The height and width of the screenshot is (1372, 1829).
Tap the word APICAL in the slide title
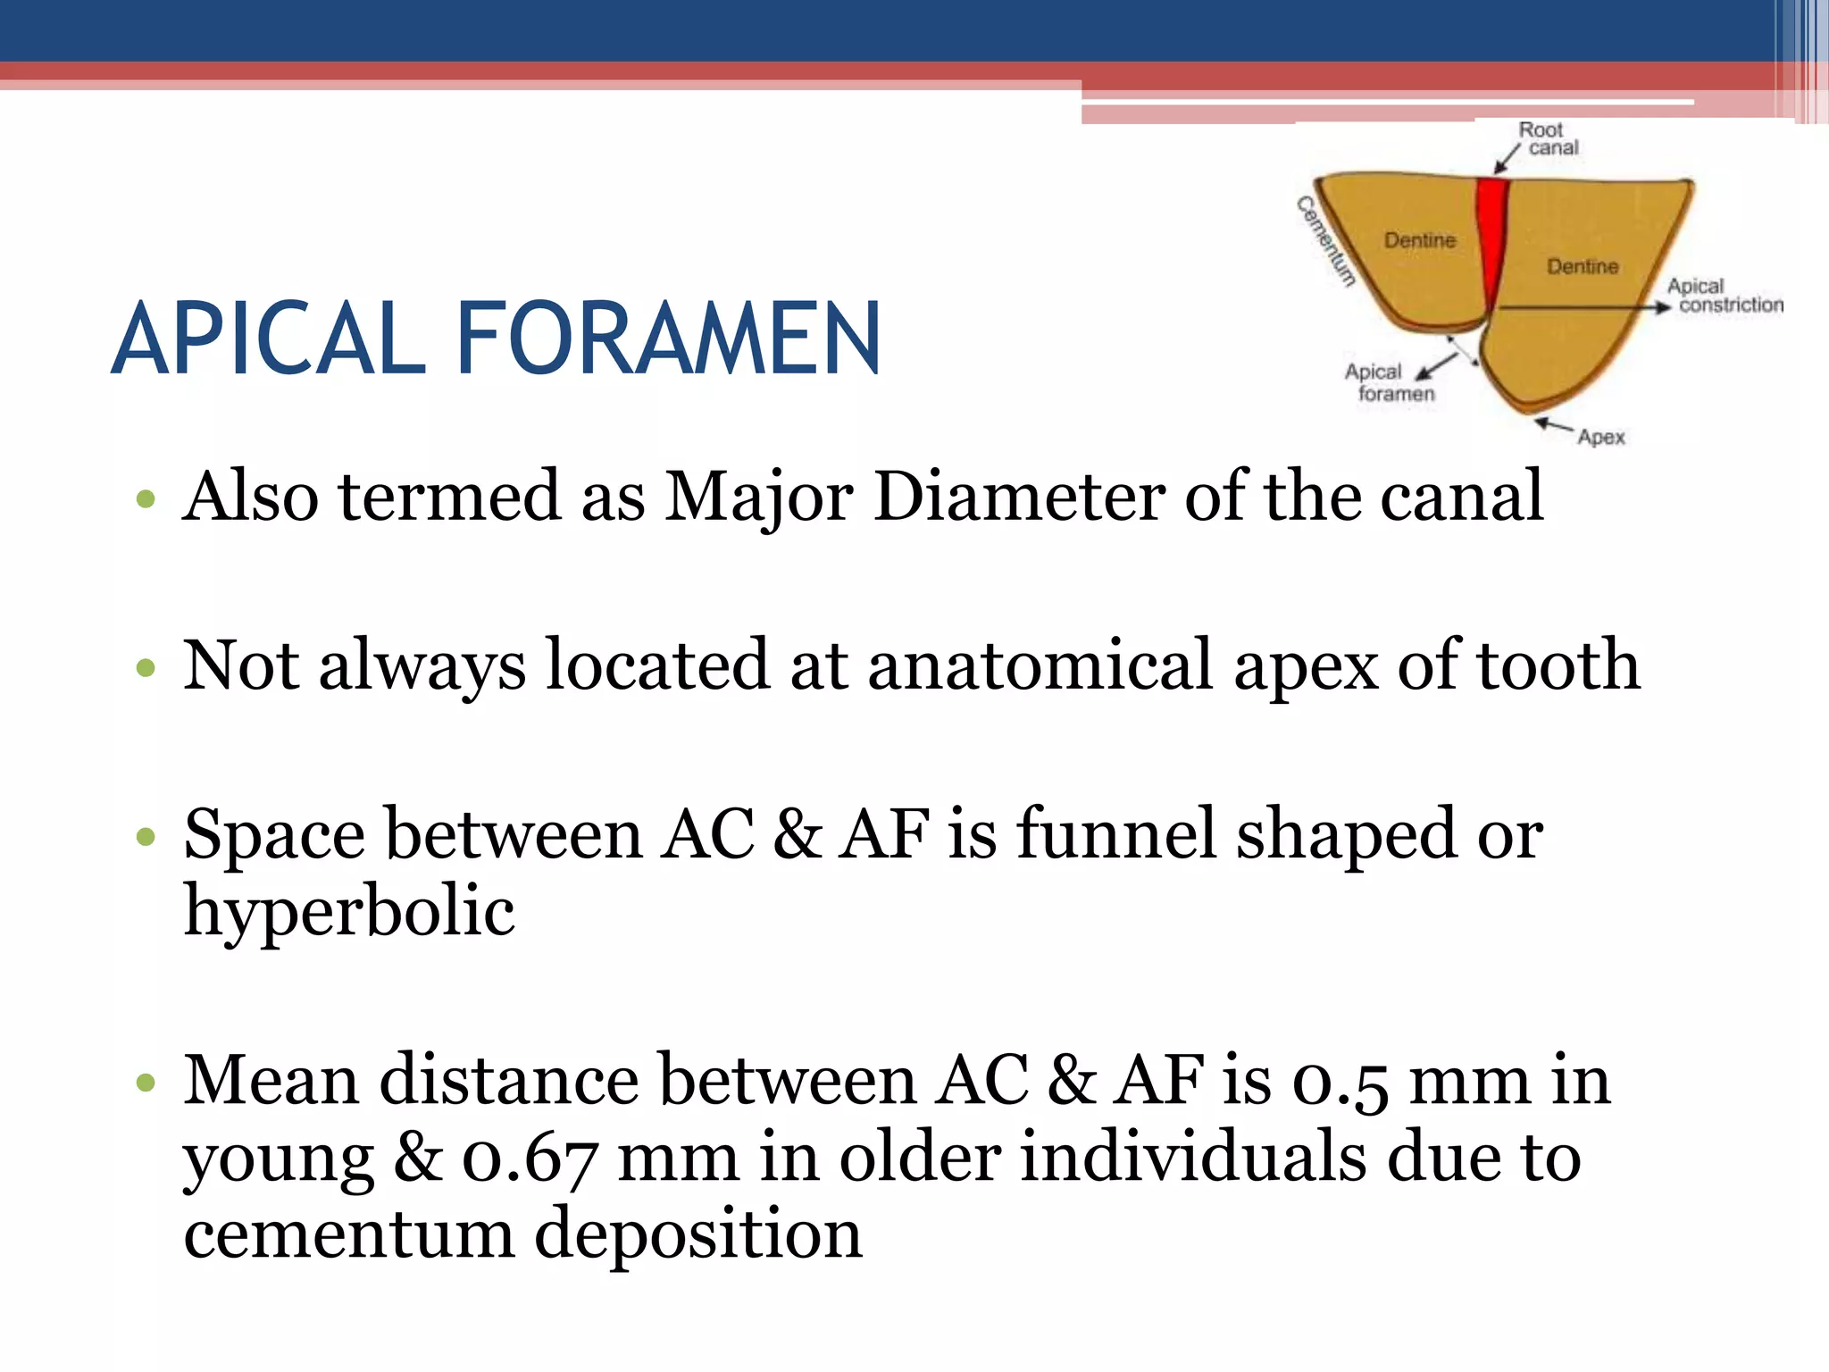pyautogui.click(x=269, y=339)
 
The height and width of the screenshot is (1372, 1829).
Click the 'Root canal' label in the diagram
pyautogui.click(x=1547, y=138)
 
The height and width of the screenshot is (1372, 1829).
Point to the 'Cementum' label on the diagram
pyautogui.click(x=1326, y=241)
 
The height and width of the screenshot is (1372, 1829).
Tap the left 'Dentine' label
pyautogui.click(x=1420, y=240)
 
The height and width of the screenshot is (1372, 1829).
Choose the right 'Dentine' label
pyautogui.click(x=1583, y=266)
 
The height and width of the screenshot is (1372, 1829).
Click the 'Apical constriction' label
pyautogui.click(x=1724, y=296)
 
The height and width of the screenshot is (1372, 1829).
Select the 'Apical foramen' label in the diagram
pyautogui.click(x=1389, y=382)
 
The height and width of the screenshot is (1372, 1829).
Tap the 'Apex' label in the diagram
pyautogui.click(x=1601, y=437)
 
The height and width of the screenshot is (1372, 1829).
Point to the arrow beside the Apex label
pyautogui.click(x=1554, y=425)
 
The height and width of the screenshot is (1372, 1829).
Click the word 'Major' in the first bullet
pyautogui.click(x=759, y=497)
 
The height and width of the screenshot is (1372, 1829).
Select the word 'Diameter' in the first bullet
pyautogui.click(x=1019, y=497)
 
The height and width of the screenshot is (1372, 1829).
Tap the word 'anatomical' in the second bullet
pyautogui.click(x=1040, y=665)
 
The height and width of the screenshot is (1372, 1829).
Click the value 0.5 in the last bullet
pyautogui.click(x=1340, y=1081)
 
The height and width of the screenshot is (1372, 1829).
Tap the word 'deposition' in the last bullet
pyautogui.click(x=697, y=1234)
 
